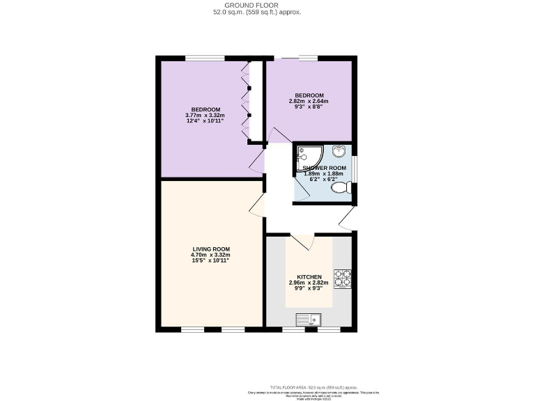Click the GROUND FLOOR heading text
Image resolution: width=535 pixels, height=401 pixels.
(257, 5)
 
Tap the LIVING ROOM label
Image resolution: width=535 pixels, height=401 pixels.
(211, 249)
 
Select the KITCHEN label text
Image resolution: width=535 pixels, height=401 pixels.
(309, 276)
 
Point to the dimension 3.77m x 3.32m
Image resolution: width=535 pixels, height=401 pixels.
(203, 116)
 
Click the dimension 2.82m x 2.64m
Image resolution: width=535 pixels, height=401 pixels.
(309, 102)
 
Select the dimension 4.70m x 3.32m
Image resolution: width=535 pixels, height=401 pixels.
(211, 255)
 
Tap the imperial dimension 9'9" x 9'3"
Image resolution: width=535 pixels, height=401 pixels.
(309, 289)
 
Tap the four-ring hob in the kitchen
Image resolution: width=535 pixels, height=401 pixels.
(342, 278)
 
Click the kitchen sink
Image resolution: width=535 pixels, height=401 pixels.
(308, 320)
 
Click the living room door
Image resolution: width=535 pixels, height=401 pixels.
(258, 206)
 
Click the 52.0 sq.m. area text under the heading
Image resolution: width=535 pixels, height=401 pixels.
(257, 12)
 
